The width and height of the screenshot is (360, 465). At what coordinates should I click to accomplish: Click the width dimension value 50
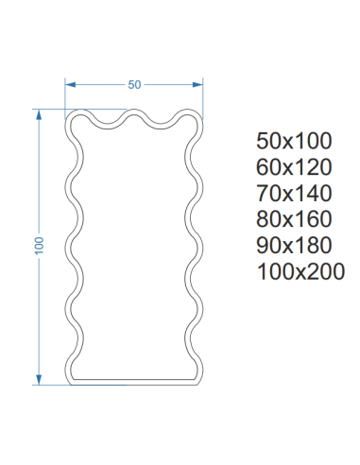[134, 85]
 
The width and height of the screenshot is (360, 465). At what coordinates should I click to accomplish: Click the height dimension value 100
[39, 246]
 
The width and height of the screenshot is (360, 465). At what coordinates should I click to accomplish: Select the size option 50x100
[294, 141]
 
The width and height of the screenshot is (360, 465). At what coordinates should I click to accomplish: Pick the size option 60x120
[294, 167]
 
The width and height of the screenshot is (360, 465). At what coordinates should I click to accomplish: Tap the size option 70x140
[294, 193]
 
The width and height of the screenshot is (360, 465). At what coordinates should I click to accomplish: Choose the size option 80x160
[294, 219]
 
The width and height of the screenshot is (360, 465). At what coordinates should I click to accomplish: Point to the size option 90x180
[294, 246]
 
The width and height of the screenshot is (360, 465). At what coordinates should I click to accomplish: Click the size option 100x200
[300, 271]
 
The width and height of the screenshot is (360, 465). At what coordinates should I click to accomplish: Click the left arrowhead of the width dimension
[70, 84]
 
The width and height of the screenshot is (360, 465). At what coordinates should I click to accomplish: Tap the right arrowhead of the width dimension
[197, 84]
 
